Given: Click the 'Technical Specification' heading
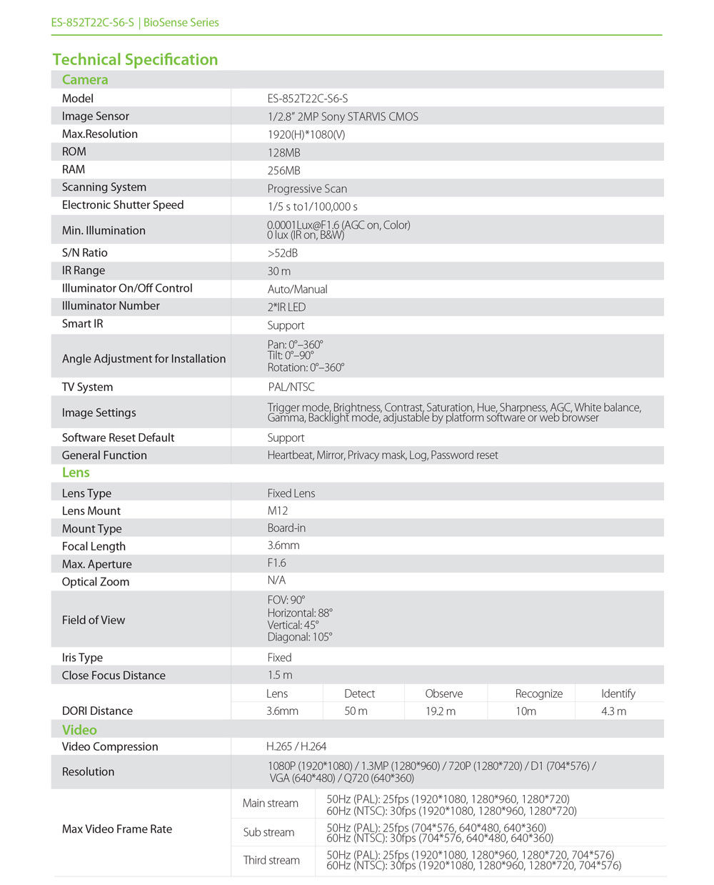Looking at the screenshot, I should [x=135, y=60].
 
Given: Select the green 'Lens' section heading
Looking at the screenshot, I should [x=76, y=473].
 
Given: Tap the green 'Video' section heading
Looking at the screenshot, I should [x=79, y=730].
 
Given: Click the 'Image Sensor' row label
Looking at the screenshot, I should [x=96, y=116].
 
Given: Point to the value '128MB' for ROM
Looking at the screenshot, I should [x=284, y=152].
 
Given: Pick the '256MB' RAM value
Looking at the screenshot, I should [x=284, y=170].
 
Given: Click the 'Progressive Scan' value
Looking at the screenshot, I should [x=307, y=189].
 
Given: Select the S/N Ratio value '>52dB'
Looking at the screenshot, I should [x=283, y=253].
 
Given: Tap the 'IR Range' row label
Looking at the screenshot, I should [x=84, y=270].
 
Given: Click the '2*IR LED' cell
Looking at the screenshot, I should [x=286, y=307].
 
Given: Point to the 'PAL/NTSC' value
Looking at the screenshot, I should [x=291, y=387].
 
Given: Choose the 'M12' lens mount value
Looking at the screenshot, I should [x=278, y=510].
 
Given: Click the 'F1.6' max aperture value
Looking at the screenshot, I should [x=276, y=563].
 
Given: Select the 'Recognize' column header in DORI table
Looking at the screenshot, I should [x=539, y=693].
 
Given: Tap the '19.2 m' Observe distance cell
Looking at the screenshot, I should [x=441, y=711].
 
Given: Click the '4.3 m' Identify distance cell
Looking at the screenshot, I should [x=613, y=711].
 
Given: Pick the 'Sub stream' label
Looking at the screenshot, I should [x=268, y=832].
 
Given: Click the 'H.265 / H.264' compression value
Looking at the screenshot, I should [x=296, y=746].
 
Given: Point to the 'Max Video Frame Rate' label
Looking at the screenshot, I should [x=117, y=829].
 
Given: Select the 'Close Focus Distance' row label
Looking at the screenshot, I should [x=114, y=676].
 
